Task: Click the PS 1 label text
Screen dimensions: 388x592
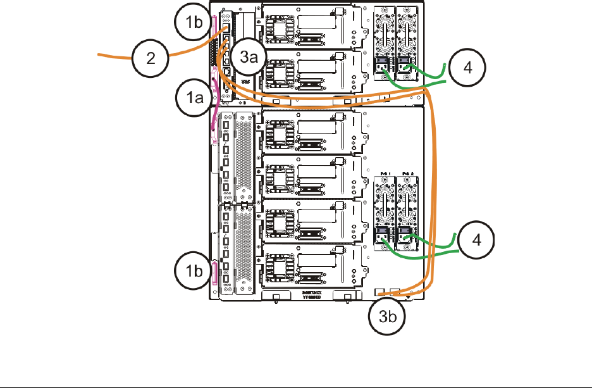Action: pyautogui.click(x=383, y=173)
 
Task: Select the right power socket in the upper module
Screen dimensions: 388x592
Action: pyautogui.click(x=405, y=64)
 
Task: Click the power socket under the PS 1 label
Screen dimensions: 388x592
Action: pyautogui.click(x=384, y=237)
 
